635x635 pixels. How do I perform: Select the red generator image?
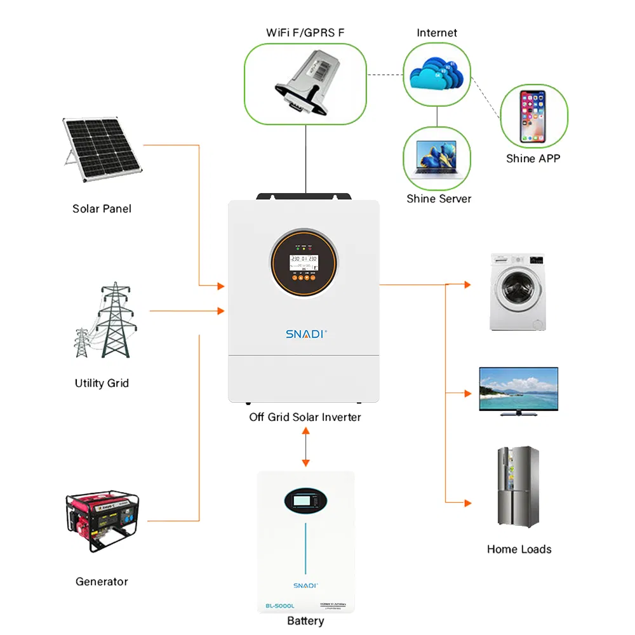[105, 518]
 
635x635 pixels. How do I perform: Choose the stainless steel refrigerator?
[518, 486]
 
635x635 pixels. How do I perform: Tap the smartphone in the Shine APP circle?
[533, 116]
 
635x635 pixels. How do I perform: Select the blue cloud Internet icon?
[436, 75]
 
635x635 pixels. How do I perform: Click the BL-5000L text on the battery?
[280, 606]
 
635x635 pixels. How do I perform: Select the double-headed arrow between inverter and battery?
[305, 447]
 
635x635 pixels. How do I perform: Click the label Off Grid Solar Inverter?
[305, 417]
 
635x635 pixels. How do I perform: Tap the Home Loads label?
[519, 549]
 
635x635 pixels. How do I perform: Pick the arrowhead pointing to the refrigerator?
[467, 503]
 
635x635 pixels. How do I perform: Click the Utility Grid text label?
[102, 383]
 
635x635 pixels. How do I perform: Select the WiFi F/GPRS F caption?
[305, 32]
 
